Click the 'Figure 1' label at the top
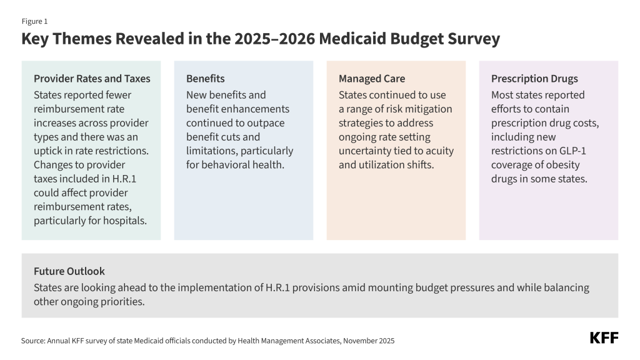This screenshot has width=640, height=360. click(34, 21)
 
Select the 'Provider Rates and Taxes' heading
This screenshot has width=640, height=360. click(92, 79)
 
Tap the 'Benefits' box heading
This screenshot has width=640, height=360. click(205, 79)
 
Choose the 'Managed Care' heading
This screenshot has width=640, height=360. click(372, 79)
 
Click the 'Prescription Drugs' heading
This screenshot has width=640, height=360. click(534, 79)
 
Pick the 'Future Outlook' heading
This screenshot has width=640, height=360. click(69, 271)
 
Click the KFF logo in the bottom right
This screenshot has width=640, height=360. click(604, 338)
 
